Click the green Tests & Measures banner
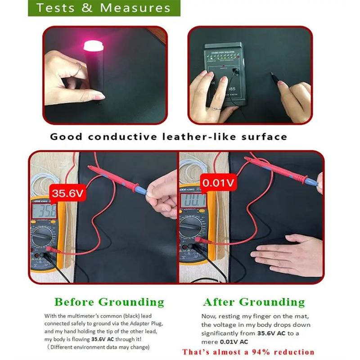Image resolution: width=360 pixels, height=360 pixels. pyautogui.click(x=104, y=8)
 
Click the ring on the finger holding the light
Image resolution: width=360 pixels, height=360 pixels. pyautogui.click(x=79, y=67)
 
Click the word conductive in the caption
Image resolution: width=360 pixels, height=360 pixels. pyautogui.click(x=118, y=136)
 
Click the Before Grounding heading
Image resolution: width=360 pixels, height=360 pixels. pyautogui.click(x=109, y=302)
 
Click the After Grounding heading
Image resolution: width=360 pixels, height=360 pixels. pyautogui.click(x=254, y=302)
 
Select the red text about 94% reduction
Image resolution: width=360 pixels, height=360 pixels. pyautogui.click(x=248, y=351)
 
